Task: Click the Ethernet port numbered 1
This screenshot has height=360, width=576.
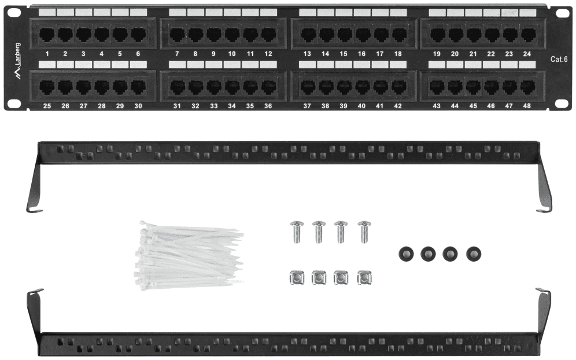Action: tap(47, 35)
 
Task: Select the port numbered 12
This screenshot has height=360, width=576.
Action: tap(268, 35)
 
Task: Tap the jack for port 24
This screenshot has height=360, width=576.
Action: tap(528, 35)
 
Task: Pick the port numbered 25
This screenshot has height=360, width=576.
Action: tap(47, 87)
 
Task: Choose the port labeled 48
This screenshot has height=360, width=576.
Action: tap(528, 87)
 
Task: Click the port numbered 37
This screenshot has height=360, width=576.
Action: tap(308, 87)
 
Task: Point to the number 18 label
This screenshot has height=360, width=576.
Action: tap(398, 54)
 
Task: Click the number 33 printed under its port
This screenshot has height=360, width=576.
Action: tap(214, 106)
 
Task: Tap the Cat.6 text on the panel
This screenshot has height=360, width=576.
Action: tap(559, 59)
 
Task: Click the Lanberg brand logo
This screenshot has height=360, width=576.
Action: tap(17, 61)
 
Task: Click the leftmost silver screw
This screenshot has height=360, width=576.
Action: tap(297, 232)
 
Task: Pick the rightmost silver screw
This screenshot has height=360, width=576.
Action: tap(364, 232)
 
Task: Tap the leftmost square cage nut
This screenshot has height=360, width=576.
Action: tap(297, 278)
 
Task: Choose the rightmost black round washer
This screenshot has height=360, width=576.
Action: tap(474, 254)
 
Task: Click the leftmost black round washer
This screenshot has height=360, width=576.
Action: tap(407, 254)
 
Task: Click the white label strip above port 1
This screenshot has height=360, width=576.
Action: tap(47, 12)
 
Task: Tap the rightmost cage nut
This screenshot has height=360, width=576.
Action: tap(364, 278)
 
